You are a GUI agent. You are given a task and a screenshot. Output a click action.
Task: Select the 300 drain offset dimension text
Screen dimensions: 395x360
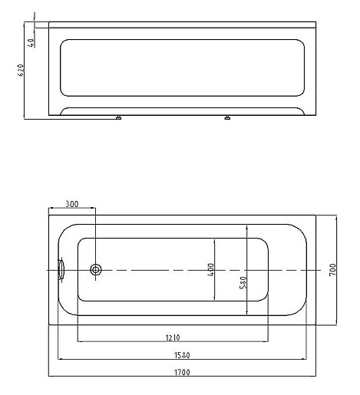(x=71, y=204)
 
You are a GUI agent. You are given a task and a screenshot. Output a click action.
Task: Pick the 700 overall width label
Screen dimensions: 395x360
(x=332, y=270)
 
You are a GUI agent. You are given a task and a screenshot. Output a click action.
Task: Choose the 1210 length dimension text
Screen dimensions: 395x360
(x=174, y=337)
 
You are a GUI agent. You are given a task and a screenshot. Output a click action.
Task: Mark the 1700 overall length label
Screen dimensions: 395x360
(x=183, y=373)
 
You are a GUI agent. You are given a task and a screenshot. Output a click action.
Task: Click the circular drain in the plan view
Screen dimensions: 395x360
(x=97, y=270)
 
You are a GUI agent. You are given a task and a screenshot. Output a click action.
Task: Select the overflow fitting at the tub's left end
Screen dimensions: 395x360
(x=62, y=270)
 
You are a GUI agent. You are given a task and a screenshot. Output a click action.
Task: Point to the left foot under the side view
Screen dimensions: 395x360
(x=119, y=119)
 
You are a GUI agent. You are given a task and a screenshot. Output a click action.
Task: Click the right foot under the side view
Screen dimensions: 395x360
(x=228, y=119)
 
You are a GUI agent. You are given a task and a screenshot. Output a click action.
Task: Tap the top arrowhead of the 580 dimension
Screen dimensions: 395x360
(x=246, y=228)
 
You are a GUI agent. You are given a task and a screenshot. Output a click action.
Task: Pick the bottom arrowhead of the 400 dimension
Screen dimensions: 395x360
(x=215, y=300)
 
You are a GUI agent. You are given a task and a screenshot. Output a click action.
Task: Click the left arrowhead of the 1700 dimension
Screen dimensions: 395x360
(x=51, y=377)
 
